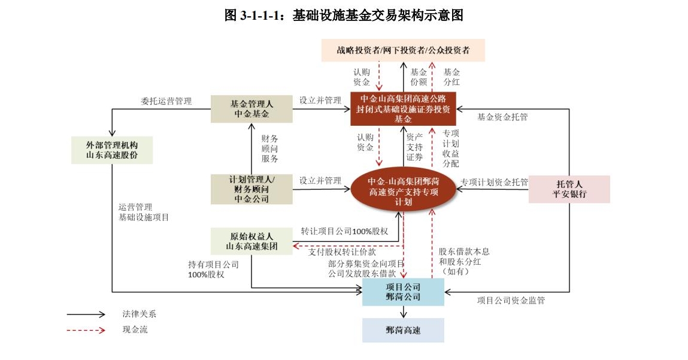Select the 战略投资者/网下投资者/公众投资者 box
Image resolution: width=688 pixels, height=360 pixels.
[403, 50]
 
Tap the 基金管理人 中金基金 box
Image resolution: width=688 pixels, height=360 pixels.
[252, 108]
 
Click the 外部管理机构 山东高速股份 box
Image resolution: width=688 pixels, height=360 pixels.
[111, 150]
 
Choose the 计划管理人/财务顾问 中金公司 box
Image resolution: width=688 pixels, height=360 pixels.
[252, 189]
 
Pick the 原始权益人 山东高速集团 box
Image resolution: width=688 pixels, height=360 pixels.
[252, 241]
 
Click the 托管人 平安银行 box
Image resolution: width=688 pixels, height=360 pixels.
[569, 189]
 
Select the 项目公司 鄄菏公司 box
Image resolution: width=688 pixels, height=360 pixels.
[403, 292]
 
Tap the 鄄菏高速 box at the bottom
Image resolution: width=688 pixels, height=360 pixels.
[403, 330]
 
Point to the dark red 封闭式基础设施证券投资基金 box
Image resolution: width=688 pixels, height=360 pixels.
[403, 109]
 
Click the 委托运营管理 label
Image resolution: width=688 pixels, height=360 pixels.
[166, 101]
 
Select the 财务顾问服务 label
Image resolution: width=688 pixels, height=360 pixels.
[270, 149]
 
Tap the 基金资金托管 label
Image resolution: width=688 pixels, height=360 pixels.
[502, 117]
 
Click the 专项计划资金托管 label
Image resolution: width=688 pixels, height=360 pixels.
[495, 182]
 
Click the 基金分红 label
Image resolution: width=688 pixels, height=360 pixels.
[451, 77]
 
